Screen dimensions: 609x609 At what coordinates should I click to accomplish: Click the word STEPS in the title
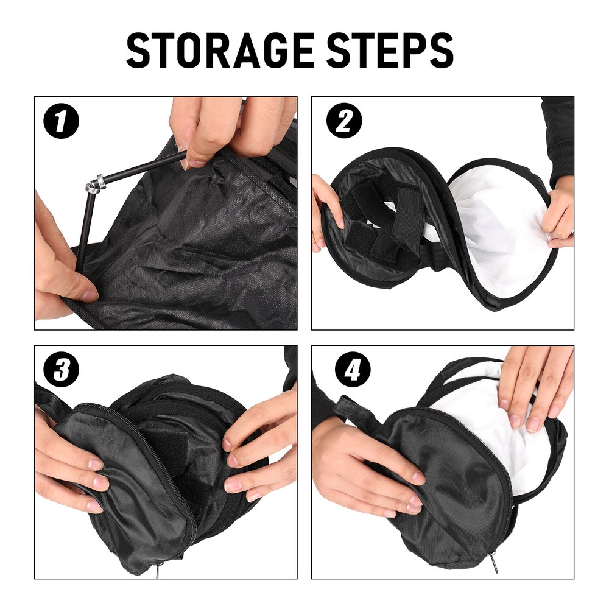click(x=390, y=51)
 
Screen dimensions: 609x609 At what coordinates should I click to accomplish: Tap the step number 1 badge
click(x=61, y=121)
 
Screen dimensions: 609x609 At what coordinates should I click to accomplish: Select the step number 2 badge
click(x=344, y=121)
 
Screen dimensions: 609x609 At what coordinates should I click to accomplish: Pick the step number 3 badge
click(x=61, y=370)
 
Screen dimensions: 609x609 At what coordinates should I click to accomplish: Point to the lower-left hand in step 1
click(x=61, y=262)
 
